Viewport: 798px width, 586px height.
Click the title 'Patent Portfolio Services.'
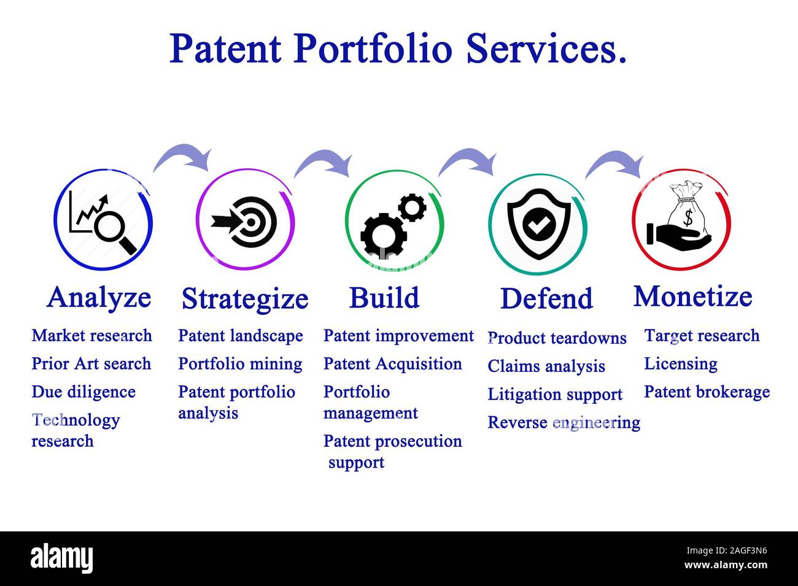point(398,48)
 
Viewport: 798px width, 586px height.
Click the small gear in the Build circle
point(411,207)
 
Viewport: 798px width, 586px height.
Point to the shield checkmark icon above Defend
point(538,223)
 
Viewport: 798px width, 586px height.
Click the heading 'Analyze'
point(99,298)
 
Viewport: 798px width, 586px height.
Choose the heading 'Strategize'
point(244,299)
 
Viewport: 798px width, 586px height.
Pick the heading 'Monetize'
point(692,296)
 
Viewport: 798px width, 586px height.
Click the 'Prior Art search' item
point(91,363)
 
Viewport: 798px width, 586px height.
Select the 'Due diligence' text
point(83,391)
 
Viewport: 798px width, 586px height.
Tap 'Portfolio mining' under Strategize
point(240,364)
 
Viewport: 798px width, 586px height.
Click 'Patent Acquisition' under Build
point(392,364)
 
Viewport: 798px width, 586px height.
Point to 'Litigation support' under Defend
point(555,395)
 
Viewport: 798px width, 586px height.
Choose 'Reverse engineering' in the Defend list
point(564,423)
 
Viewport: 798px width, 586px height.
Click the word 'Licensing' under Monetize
point(680,364)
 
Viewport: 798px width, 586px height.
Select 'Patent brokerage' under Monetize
point(707,392)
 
